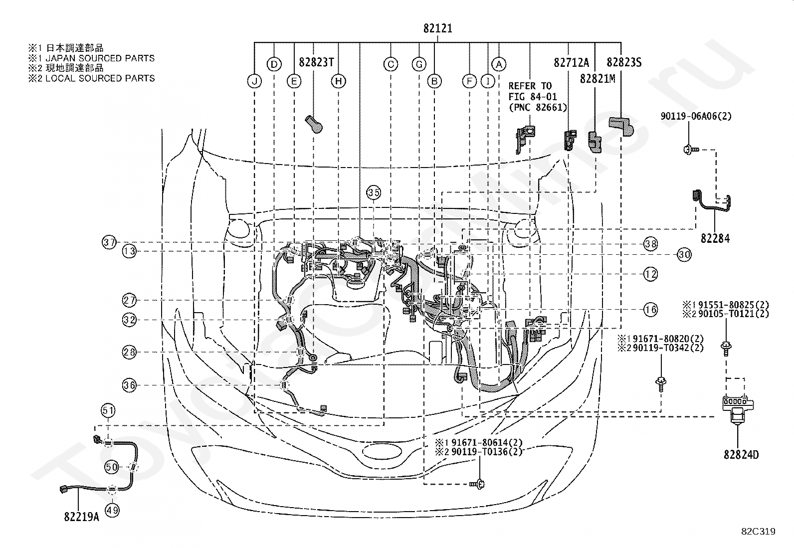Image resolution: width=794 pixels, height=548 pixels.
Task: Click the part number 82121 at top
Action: pyautogui.click(x=438, y=28)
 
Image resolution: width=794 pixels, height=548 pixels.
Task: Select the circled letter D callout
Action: pyautogui.click(x=274, y=64)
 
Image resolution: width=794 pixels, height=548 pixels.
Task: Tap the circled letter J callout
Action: pyautogui.click(x=254, y=81)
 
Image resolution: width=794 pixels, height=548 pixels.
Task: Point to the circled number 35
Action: pyautogui.click(x=374, y=192)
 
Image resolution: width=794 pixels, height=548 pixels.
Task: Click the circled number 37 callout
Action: pyautogui.click(x=109, y=242)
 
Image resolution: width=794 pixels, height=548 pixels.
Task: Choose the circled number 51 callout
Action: pyautogui.click(x=108, y=410)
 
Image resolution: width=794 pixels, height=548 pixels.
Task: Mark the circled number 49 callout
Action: pyautogui.click(x=112, y=511)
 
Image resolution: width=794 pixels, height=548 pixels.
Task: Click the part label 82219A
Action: pyautogui.click(x=81, y=517)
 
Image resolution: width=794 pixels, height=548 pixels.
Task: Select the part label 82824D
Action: pyautogui.click(x=741, y=455)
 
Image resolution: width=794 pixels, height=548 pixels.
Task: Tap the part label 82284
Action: pyautogui.click(x=715, y=238)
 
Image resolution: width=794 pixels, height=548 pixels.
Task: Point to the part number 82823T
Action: pyautogui.click(x=316, y=62)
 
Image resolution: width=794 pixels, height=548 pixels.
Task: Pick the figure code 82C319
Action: pyautogui.click(x=758, y=532)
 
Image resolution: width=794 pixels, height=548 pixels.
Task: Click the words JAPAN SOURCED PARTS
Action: pyautogui.click(x=100, y=58)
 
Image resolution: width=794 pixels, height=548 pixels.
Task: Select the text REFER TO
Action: pyautogui.click(x=530, y=86)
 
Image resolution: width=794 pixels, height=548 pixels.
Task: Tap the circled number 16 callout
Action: pyautogui.click(x=650, y=310)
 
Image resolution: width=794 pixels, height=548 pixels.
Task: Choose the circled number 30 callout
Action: pyautogui.click(x=684, y=254)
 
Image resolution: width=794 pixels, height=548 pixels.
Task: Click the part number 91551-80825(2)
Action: pyautogui.click(x=733, y=305)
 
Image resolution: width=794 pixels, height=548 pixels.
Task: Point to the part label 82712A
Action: pyautogui.click(x=572, y=63)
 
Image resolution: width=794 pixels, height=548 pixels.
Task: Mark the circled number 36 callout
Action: pyautogui.click(x=129, y=385)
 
